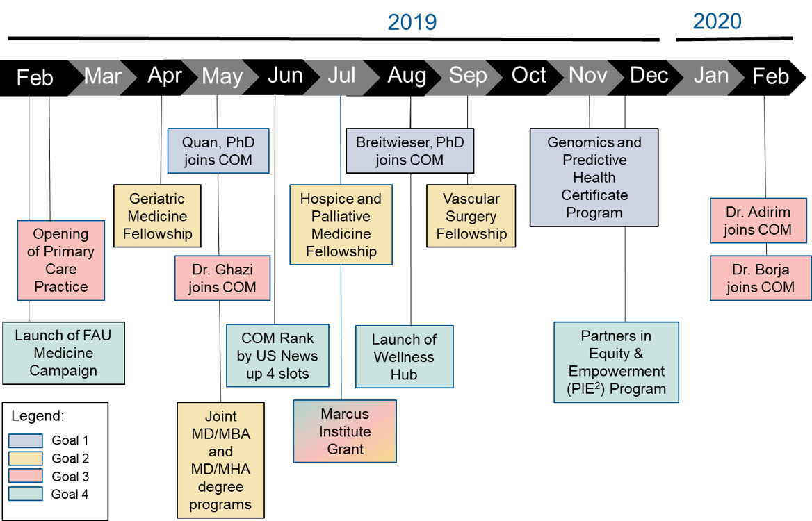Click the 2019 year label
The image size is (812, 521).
412,22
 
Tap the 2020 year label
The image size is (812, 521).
717,22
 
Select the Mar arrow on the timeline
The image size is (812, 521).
102,76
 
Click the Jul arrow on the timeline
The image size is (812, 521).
341,76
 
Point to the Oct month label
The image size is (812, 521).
528,75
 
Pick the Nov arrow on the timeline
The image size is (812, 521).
587,76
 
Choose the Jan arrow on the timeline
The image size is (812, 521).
710,76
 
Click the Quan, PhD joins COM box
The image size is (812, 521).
218,151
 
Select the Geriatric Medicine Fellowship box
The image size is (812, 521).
157,216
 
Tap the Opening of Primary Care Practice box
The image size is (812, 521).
61,260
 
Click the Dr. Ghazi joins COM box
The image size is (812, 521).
222,279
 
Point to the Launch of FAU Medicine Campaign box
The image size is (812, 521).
63,353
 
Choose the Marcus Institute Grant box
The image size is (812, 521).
345,431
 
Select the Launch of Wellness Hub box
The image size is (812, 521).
404,357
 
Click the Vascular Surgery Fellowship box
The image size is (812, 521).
471,216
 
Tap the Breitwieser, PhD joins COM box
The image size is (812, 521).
409,151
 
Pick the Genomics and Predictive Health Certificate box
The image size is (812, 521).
594,177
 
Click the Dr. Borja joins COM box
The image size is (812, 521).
761,279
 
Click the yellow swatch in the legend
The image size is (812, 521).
26,458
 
